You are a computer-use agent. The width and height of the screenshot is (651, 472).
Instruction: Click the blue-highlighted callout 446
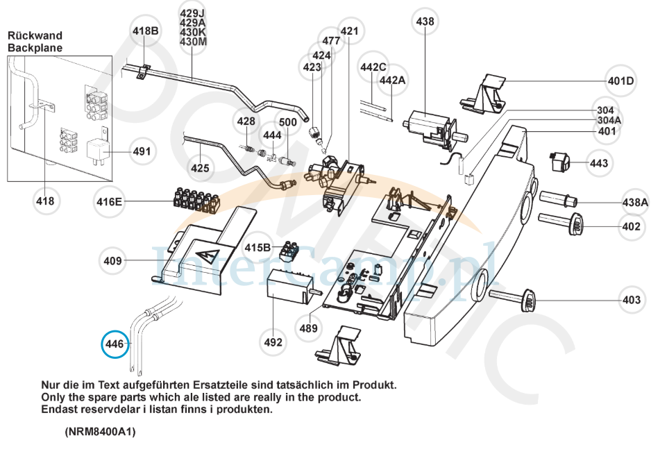coord(115,344)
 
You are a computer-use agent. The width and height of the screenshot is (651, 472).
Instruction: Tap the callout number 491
coord(142,151)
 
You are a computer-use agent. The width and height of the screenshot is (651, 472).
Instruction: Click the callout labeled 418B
coord(146,31)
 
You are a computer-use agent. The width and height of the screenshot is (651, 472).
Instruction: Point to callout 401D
coord(621,81)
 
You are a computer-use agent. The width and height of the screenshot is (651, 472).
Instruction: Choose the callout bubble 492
coord(273,342)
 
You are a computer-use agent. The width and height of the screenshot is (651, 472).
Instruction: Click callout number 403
coord(631,300)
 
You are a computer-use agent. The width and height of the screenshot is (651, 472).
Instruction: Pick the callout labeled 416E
coord(109,202)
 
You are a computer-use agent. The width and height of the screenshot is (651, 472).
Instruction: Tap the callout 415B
coord(257,247)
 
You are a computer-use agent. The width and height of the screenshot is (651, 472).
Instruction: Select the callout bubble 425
coord(200,167)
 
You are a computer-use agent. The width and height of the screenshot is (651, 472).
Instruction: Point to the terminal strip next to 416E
coord(196,200)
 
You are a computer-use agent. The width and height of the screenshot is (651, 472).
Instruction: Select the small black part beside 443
coord(559,162)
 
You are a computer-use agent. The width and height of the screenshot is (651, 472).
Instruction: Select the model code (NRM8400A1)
coord(101,432)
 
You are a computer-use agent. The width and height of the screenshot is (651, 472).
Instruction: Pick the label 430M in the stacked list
coord(193,42)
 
